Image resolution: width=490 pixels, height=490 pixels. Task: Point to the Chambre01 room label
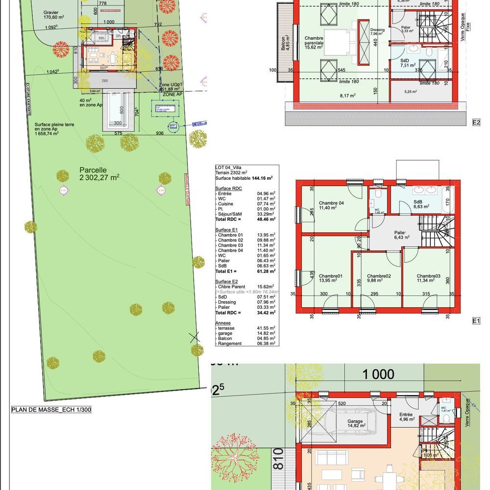(x=330, y=278)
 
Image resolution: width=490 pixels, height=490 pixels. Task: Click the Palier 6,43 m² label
(x=400, y=235)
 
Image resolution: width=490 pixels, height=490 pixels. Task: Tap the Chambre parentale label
(x=314, y=43)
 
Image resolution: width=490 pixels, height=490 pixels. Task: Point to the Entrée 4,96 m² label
(x=406, y=417)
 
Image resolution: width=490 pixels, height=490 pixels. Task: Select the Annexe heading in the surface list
(x=223, y=323)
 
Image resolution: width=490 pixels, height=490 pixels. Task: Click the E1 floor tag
(x=475, y=321)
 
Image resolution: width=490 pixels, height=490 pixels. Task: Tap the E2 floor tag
(x=476, y=122)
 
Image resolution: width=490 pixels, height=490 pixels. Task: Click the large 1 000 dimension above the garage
(x=378, y=375)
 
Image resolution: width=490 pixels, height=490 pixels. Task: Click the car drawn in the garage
(x=354, y=422)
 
